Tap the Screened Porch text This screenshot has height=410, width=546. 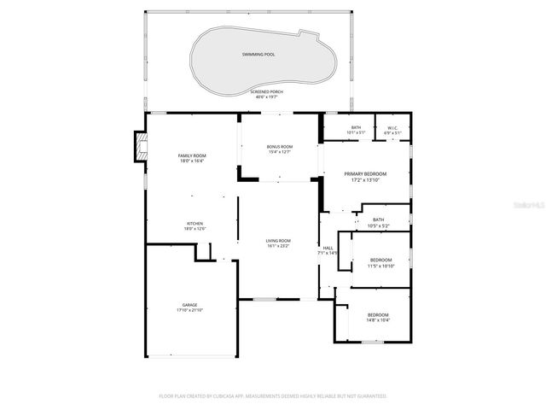point(267,91)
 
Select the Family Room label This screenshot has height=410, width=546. point(192,155)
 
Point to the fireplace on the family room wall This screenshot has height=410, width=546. point(140,147)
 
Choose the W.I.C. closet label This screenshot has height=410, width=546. point(392,128)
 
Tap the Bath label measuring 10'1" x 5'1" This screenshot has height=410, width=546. point(356,128)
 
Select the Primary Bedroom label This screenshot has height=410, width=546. point(365,173)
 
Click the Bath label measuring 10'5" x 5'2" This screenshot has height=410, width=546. point(378,220)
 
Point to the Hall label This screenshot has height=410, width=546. point(328,249)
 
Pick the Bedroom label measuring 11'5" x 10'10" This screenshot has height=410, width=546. point(380,260)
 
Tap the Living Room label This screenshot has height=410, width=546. point(278,241)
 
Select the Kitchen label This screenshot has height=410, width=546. point(195,224)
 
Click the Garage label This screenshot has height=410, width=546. point(189,304)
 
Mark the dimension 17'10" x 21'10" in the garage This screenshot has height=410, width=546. point(189,310)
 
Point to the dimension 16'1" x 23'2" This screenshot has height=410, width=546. point(278,246)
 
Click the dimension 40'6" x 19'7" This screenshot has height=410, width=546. point(267,97)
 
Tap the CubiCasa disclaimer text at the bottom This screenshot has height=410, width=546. point(273,395)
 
